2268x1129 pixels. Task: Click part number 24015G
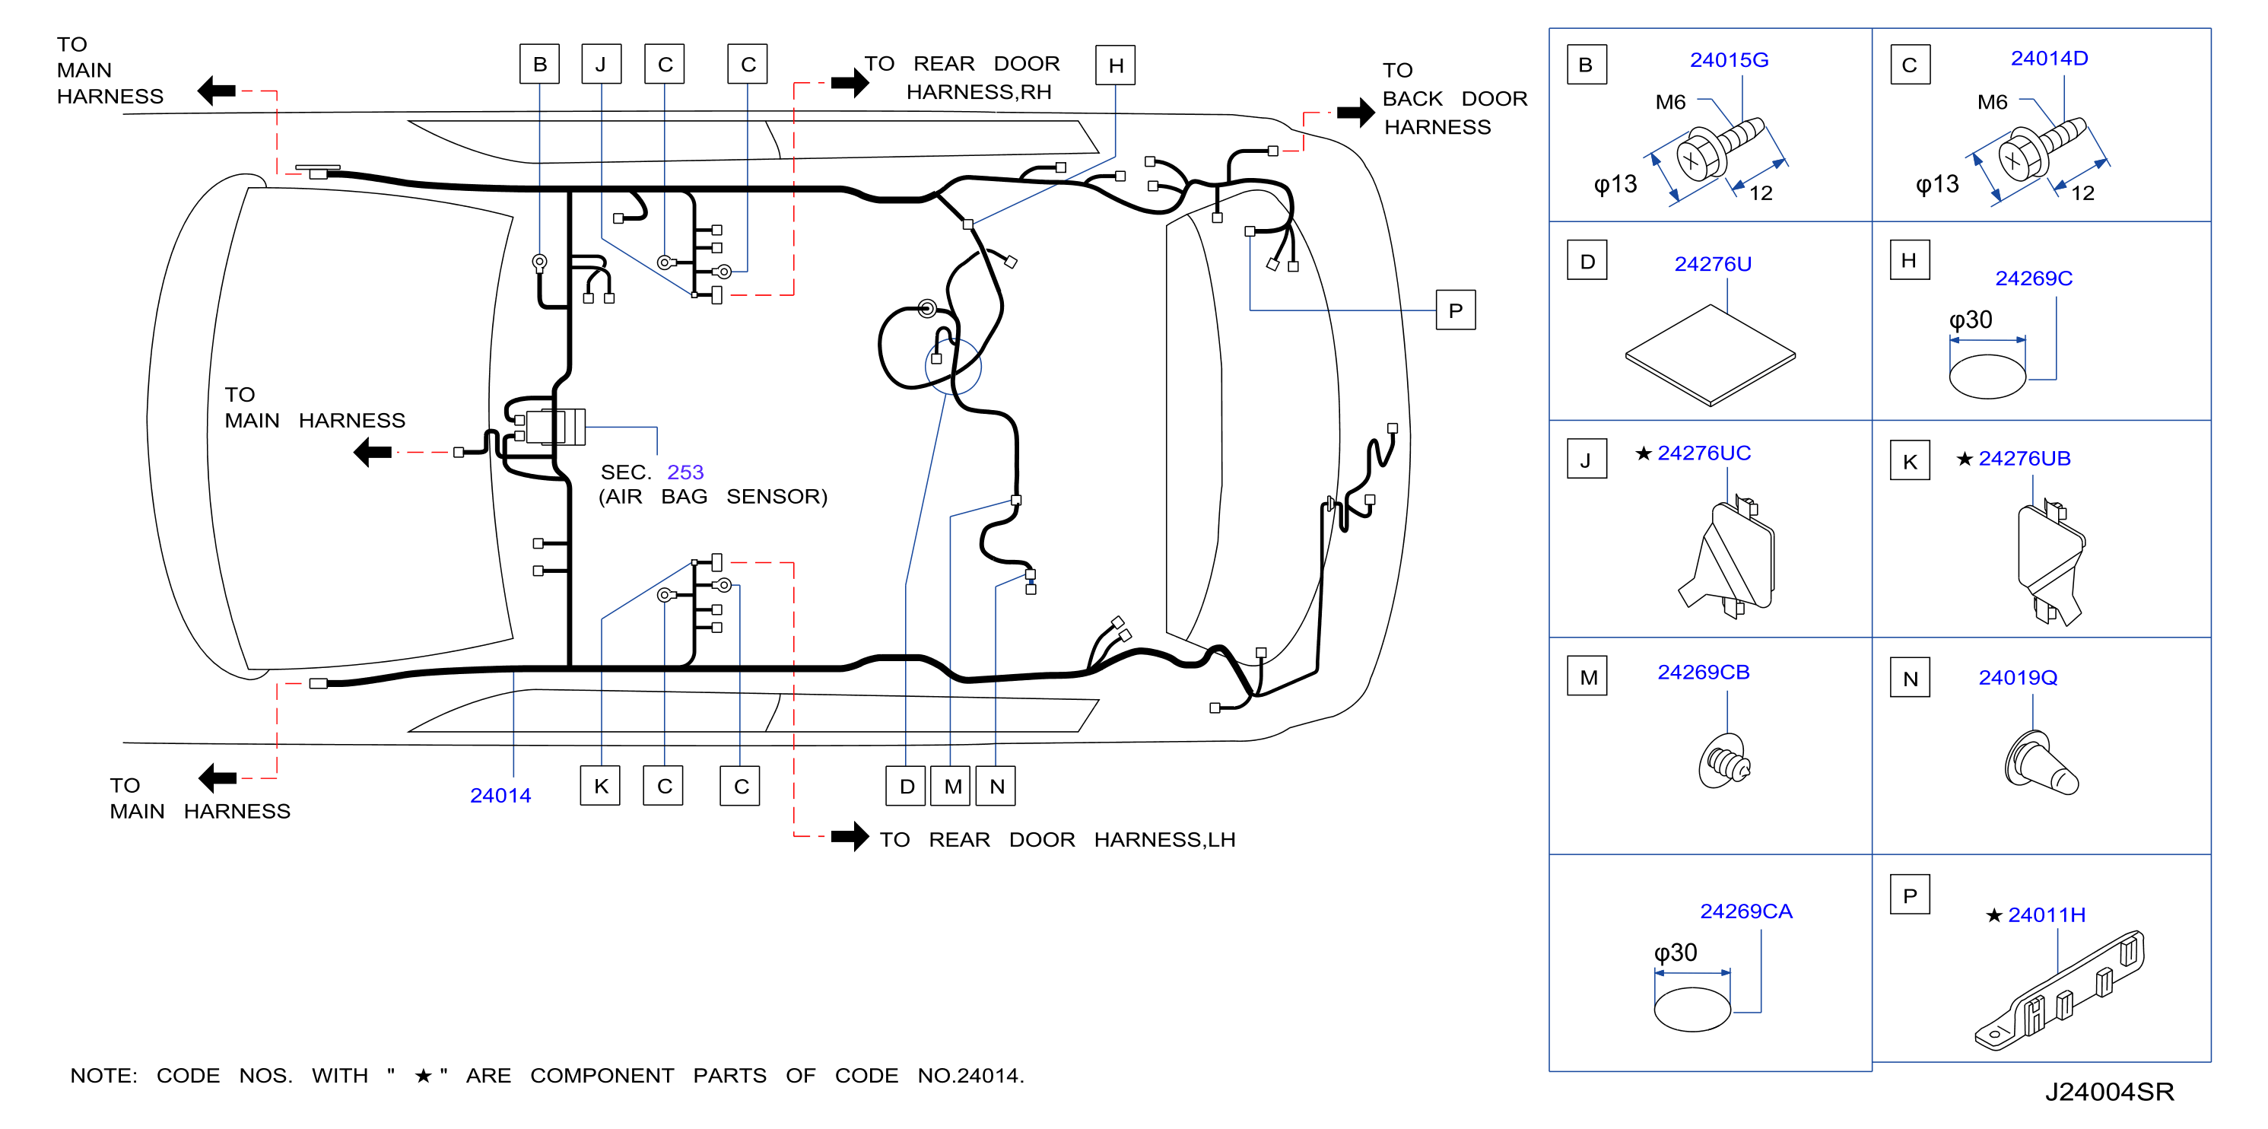point(1728,60)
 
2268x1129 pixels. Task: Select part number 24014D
point(2049,58)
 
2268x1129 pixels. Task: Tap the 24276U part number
point(1713,264)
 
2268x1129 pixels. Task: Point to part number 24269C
point(2033,278)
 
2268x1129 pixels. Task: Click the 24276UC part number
point(1704,453)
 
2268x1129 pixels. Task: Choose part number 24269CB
point(1703,672)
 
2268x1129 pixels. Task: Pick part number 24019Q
point(2017,677)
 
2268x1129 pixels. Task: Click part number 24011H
point(2046,915)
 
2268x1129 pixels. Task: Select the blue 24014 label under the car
point(500,795)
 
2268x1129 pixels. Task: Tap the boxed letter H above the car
point(1115,65)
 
